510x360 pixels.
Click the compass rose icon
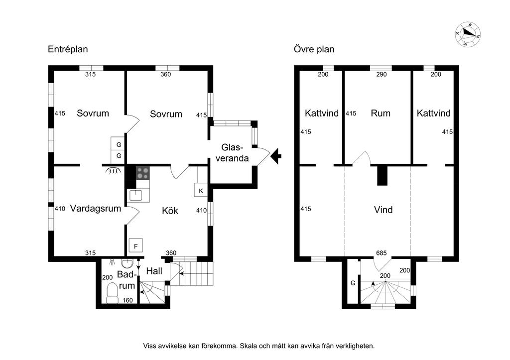pos(468,34)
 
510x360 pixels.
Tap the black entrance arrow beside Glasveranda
pos(276,156)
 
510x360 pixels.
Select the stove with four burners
pos(143,173)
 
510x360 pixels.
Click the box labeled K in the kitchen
pos(201,191)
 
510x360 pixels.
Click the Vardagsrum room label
pos(95,209)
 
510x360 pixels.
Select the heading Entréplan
pos(68,49)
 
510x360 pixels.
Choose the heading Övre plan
pos(314,49)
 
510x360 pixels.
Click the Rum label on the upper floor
pos(381,113)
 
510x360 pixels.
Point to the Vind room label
pos(383,210)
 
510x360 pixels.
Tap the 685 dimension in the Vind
pos(382,253)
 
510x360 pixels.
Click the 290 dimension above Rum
pos(381,75)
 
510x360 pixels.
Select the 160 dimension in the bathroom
pos(128,300)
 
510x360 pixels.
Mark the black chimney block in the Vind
pos(382,175)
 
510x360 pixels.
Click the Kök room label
pos(170,211)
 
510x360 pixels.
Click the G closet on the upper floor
pos(353,283)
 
